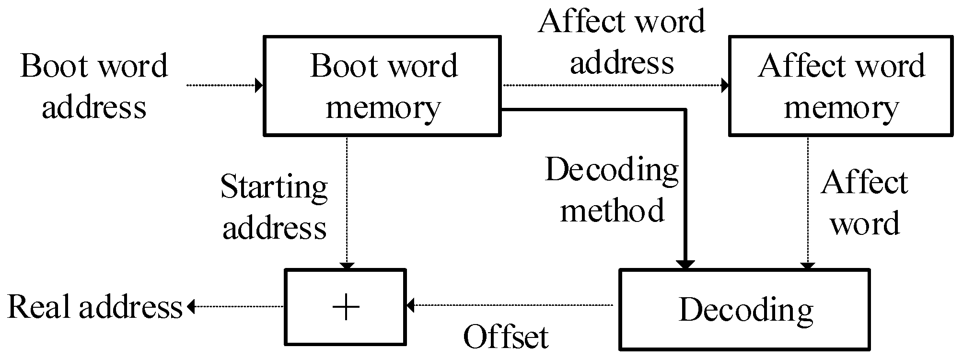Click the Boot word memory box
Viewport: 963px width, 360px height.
tap(382, 85)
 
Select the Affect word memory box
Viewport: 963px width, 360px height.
tap(841, 85)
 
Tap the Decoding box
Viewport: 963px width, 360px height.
tap(744, 309)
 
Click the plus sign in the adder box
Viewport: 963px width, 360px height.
tap(346, 307)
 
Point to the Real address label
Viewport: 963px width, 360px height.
tap(95, 307)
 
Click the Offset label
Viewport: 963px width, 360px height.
tap(506, 337)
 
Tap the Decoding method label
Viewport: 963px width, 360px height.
tap(612, 190)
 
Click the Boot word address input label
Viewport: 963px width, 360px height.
tap(94, 86)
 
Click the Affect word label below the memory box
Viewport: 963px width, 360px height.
tap(864, 203)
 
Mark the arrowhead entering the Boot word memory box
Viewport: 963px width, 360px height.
tap(259, 85)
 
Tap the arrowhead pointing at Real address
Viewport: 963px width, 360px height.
tap(191, 306)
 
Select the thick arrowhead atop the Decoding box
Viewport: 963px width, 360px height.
tap(685, 265)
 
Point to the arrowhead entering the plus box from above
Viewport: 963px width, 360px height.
tap(347, 266)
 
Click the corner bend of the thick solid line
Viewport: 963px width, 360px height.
tap(685, 110)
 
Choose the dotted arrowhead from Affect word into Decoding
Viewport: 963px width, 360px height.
tap(808, 266)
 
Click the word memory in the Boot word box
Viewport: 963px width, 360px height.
tap(382, 108)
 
